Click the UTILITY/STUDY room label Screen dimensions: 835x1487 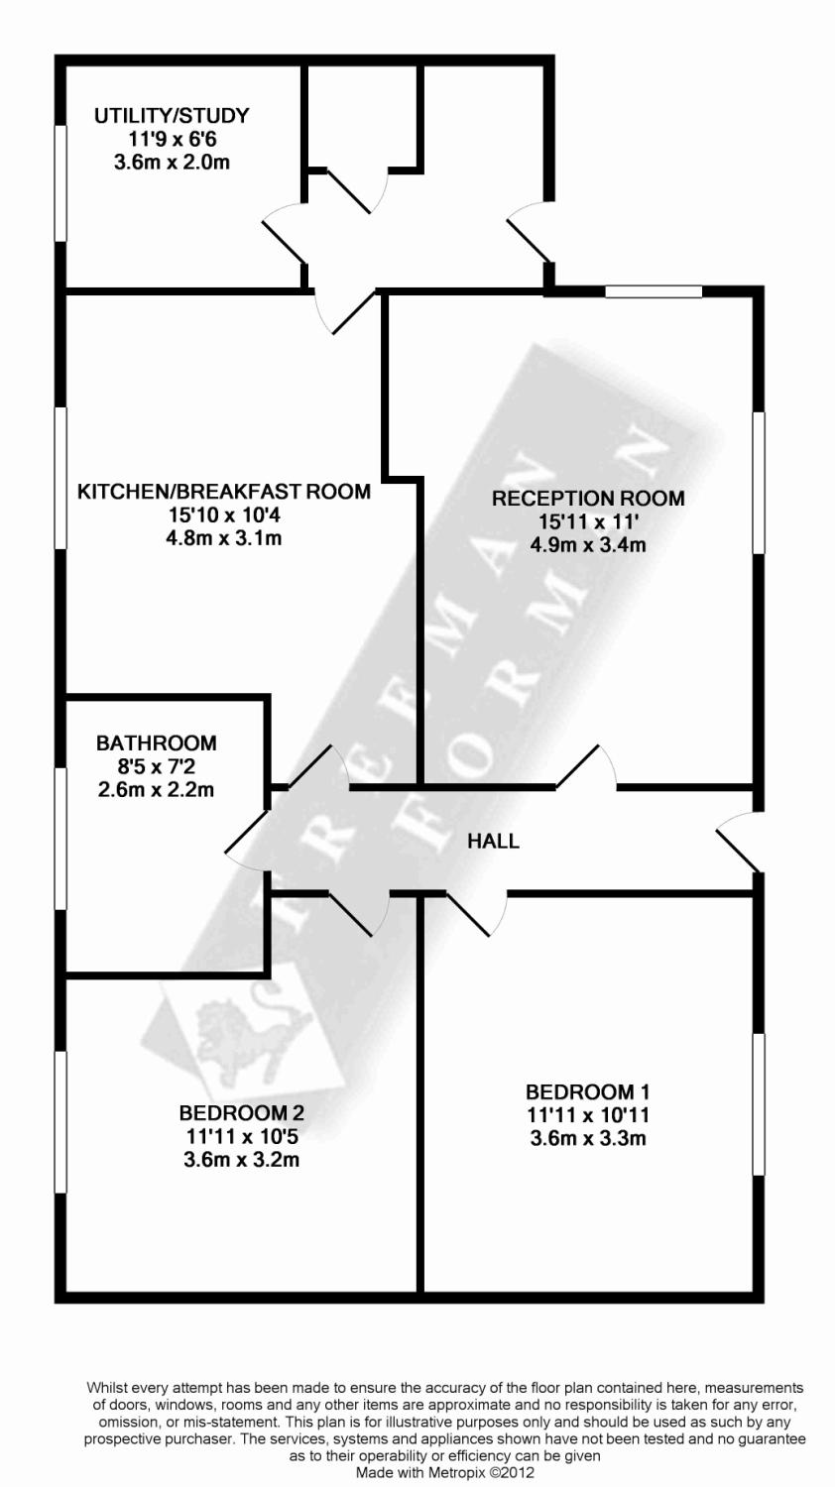point(172,116)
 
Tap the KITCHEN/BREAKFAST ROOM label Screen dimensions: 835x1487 point(224,492)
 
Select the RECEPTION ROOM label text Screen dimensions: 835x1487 point(588,498)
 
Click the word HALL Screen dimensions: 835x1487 point(493,842)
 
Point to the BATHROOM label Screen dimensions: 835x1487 point(156,743)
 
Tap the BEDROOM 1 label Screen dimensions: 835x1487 point(588,1092)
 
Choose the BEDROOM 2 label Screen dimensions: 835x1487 point(241,1113)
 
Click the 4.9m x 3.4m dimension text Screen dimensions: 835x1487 point(588,544)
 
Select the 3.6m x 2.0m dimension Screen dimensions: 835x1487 point(172,163)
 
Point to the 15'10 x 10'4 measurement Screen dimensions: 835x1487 point(224,515)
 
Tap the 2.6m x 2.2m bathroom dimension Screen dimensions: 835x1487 point(156,790)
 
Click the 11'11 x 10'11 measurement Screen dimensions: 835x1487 point(588,1115)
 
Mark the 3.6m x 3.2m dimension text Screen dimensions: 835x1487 point(241,1159)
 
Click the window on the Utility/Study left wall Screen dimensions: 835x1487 point(60,183)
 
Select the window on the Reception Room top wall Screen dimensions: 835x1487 point(654,291)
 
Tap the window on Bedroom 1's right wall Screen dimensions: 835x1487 point(759,1103)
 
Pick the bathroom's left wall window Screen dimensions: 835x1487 point(60,839)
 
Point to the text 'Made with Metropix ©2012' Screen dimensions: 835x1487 point(444,1474)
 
